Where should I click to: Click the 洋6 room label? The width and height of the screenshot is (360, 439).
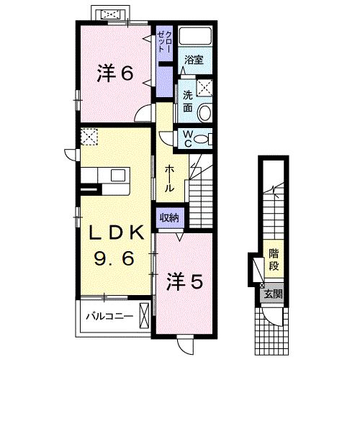tap(115, 74)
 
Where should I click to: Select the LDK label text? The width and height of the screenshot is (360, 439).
tap(116, 233)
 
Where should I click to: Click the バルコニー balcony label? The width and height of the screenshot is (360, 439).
tap(109, 315)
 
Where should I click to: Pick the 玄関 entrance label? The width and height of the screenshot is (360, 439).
tap(274, 293)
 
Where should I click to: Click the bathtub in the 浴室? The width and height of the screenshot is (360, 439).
tap(194, 38)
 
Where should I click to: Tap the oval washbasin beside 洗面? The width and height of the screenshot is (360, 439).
tap(204, 112)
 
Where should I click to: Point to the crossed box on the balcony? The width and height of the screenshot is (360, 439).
tap(145, 315)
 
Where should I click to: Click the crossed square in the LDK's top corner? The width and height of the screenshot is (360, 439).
tap(90, 137)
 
